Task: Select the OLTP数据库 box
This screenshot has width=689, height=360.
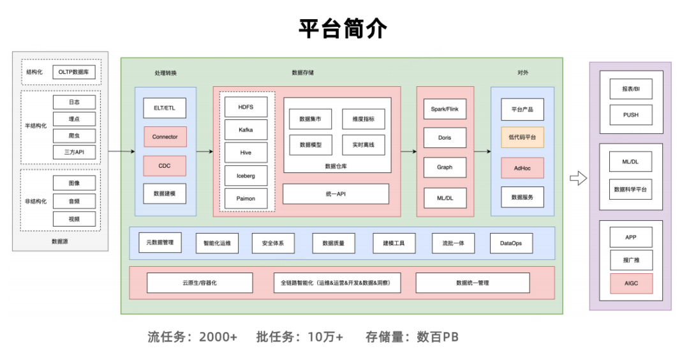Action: (x=74, y=72)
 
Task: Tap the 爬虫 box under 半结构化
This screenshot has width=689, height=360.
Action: (x=74, y=135)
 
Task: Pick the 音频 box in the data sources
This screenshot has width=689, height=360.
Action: (x=74, y=201)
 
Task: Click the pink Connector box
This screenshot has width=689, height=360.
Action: (x=165, y=137)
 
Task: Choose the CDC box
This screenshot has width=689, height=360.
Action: (x=165, y=166)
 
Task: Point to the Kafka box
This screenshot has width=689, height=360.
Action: (x=246, y=130)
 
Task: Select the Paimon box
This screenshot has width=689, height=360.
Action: (x=246, y=199)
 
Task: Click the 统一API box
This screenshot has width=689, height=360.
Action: (x=336, y=193)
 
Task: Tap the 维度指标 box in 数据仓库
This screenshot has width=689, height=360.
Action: (x=363, y=119)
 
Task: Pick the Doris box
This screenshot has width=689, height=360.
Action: (x=445, y=138)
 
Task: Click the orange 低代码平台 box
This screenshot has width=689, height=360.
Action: (x=522, y=137)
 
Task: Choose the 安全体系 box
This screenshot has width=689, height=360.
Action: (x=273, y=243)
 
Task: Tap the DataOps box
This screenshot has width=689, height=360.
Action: (x=511, y=243)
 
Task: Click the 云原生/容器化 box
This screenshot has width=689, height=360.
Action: (x=199, y=283)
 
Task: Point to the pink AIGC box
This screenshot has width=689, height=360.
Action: (x=631, y=283)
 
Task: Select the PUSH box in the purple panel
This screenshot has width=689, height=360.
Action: (x=631, y=115)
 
